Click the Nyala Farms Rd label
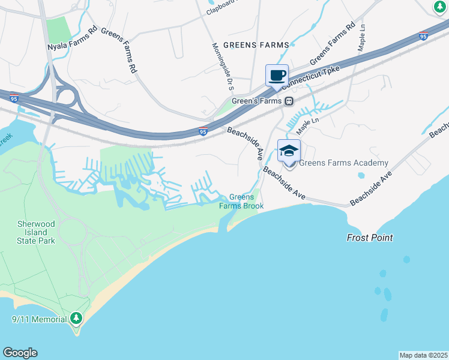(73, 37)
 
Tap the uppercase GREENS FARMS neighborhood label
(256, 45)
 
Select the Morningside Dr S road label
(223, 67)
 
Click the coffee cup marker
(277, 76)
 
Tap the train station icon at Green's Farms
(289, 101)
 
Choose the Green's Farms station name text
(261, 101)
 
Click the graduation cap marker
(289, 151)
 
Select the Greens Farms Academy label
(343, 163)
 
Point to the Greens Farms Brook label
(241, 202)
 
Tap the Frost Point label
(370, 238)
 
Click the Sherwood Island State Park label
(36, 232)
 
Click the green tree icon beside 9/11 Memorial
(76, 317)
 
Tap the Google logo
(20, 353)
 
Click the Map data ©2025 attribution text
(423, 355)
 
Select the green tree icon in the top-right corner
(440, 7)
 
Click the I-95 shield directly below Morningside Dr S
(203, 131)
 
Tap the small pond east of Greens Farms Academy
(361, 176)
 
